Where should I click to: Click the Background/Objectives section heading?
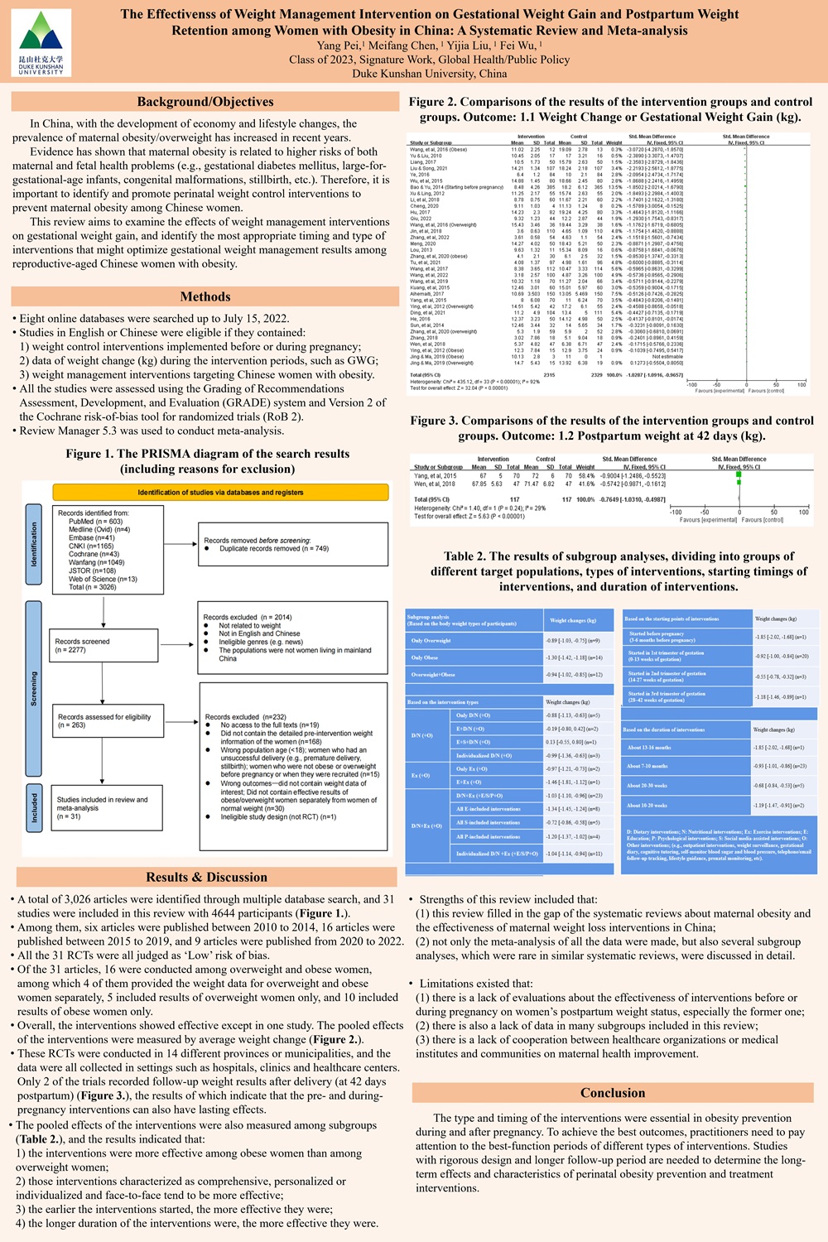205,102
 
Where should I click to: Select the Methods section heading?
205,296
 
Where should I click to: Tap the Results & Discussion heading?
206,877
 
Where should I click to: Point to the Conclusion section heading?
613,1093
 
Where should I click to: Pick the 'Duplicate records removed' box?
293,544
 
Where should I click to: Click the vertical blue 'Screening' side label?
34,688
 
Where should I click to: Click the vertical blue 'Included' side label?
34,806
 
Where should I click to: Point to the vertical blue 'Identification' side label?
34,544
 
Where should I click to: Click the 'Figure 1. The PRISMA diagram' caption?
207,461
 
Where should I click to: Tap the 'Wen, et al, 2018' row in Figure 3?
435,484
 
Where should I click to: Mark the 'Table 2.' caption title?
613,571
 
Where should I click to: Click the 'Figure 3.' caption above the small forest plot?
612,428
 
